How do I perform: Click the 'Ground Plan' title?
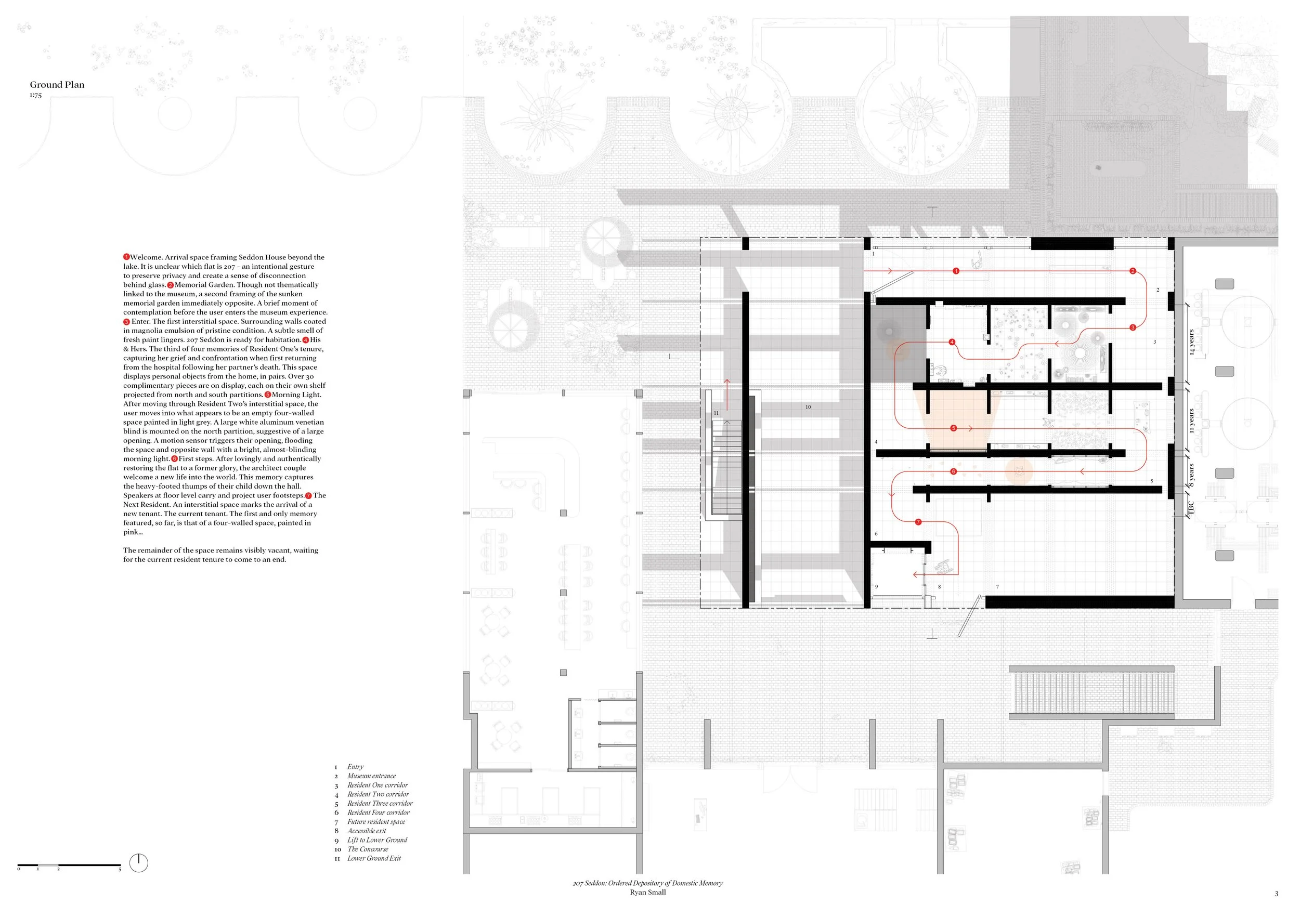(57, 85)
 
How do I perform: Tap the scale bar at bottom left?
(69, 865)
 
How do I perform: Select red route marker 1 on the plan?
(956, 271)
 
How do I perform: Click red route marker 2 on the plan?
(1133, 271)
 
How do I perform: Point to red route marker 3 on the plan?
(1133, 327)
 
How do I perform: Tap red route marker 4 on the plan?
(952, 342)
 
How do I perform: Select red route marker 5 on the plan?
(954, 428)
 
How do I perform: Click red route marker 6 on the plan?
(954, 471)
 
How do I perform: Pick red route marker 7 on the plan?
(918, 522)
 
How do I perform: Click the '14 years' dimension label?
(1192, 342)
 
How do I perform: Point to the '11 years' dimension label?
(1192, 421)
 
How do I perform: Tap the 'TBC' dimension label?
(1191, 508)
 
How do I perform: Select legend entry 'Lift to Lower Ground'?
(377, 840)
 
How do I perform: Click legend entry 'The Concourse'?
(368, 849)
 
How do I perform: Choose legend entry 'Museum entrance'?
(371, 776)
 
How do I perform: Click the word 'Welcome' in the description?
(146, 257)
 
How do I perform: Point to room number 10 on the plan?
(808, 407)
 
